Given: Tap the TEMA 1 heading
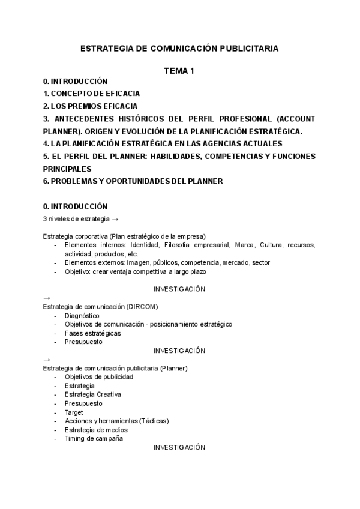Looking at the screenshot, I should pyautogui.click(x=179, y=71).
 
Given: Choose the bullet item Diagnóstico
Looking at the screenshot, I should pyautogui.click(x=82, y=315).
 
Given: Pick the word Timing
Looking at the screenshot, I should pyautogui.click(x=74, y=438).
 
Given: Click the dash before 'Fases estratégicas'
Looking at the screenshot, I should pyautogui.click(x=56, y=333).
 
